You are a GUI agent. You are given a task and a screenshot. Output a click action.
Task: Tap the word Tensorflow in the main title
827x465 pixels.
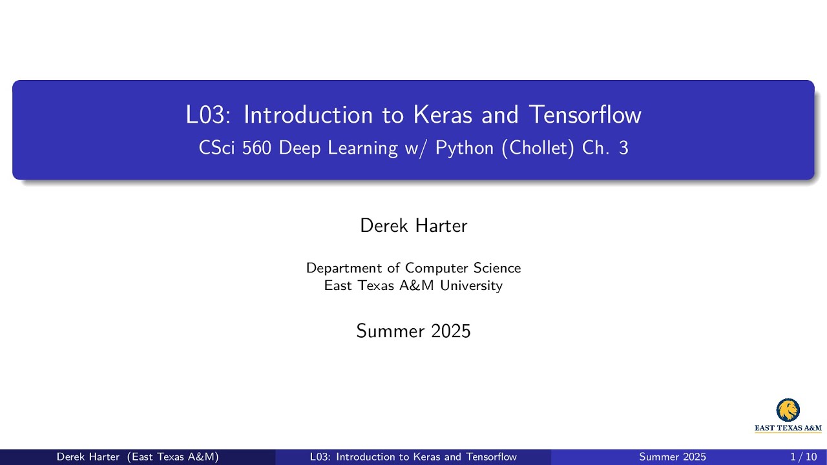tap(585, 115)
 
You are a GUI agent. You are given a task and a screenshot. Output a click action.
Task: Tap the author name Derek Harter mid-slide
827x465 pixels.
tap(413, 225)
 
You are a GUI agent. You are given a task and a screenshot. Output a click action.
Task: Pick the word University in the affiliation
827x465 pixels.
tap(471, 285)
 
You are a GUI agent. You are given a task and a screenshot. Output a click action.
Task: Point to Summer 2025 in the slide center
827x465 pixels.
tap(413, 331)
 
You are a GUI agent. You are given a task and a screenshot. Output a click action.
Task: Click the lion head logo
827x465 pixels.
tap(788, 410)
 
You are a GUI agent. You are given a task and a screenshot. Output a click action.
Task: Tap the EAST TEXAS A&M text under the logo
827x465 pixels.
tap(788, 428)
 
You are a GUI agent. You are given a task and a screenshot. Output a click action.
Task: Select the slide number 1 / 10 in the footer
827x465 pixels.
tap(804, 457)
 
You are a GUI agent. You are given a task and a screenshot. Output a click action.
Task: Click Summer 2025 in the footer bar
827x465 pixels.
tap(673, 457)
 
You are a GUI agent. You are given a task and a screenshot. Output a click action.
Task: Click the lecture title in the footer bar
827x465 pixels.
tap(413, 457)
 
